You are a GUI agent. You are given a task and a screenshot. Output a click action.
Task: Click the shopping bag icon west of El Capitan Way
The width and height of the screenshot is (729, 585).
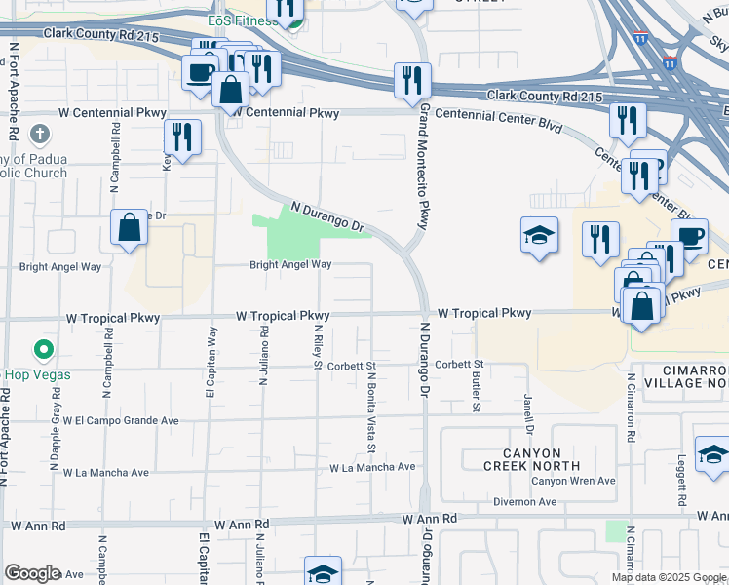129,229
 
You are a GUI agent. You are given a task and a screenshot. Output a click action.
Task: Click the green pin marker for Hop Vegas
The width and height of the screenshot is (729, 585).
42,349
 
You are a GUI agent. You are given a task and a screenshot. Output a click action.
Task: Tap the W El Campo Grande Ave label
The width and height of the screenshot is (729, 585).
122,420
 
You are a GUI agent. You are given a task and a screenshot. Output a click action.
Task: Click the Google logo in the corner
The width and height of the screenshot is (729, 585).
32,573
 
